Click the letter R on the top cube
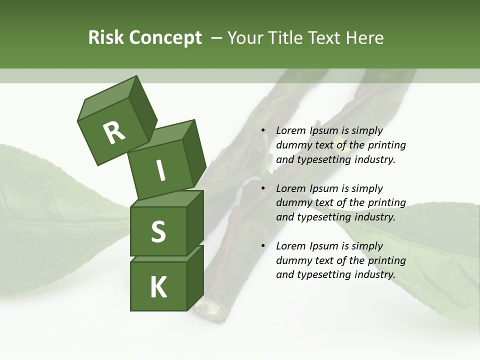tap(114, 132)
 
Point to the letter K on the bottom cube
tap(158, 287)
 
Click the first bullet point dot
tap(263, 130)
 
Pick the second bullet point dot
tap(263, 188)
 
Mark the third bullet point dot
tap(263, 246)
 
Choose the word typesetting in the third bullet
tap(322, 274)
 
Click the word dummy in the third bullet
tap(292, 260)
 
